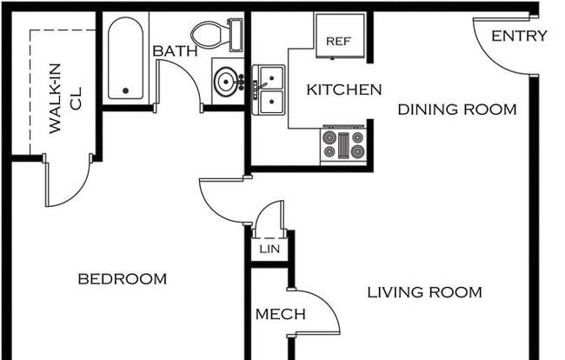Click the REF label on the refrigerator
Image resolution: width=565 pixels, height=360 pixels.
338,42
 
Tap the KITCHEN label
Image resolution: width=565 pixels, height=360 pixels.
344,90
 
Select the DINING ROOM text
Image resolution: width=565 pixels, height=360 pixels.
457,110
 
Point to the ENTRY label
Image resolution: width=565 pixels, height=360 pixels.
519,36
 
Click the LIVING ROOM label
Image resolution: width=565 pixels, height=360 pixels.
424,292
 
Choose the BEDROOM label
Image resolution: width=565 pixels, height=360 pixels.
123,279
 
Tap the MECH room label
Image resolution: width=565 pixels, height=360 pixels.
281,314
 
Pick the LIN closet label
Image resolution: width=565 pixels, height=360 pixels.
269,249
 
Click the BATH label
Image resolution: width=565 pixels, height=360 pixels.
175,50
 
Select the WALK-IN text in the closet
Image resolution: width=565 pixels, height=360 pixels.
55,98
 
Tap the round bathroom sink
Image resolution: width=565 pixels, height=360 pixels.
226,82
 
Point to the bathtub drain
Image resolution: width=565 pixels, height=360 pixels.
126,90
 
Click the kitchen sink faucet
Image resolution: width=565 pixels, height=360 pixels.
260,88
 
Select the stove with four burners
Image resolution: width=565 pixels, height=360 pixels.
343,144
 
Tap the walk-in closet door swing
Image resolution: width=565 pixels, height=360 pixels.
74,194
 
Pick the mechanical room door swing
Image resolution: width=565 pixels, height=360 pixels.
325,303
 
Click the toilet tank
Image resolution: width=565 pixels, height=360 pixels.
236,36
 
